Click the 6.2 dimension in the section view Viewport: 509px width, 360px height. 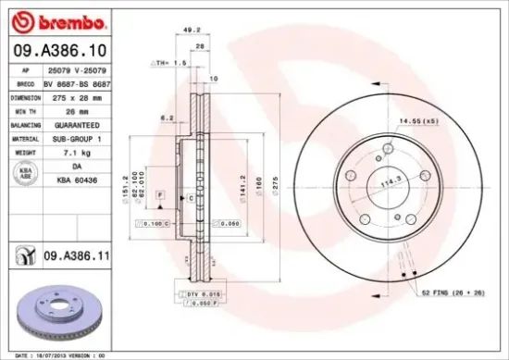click(168, 118)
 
